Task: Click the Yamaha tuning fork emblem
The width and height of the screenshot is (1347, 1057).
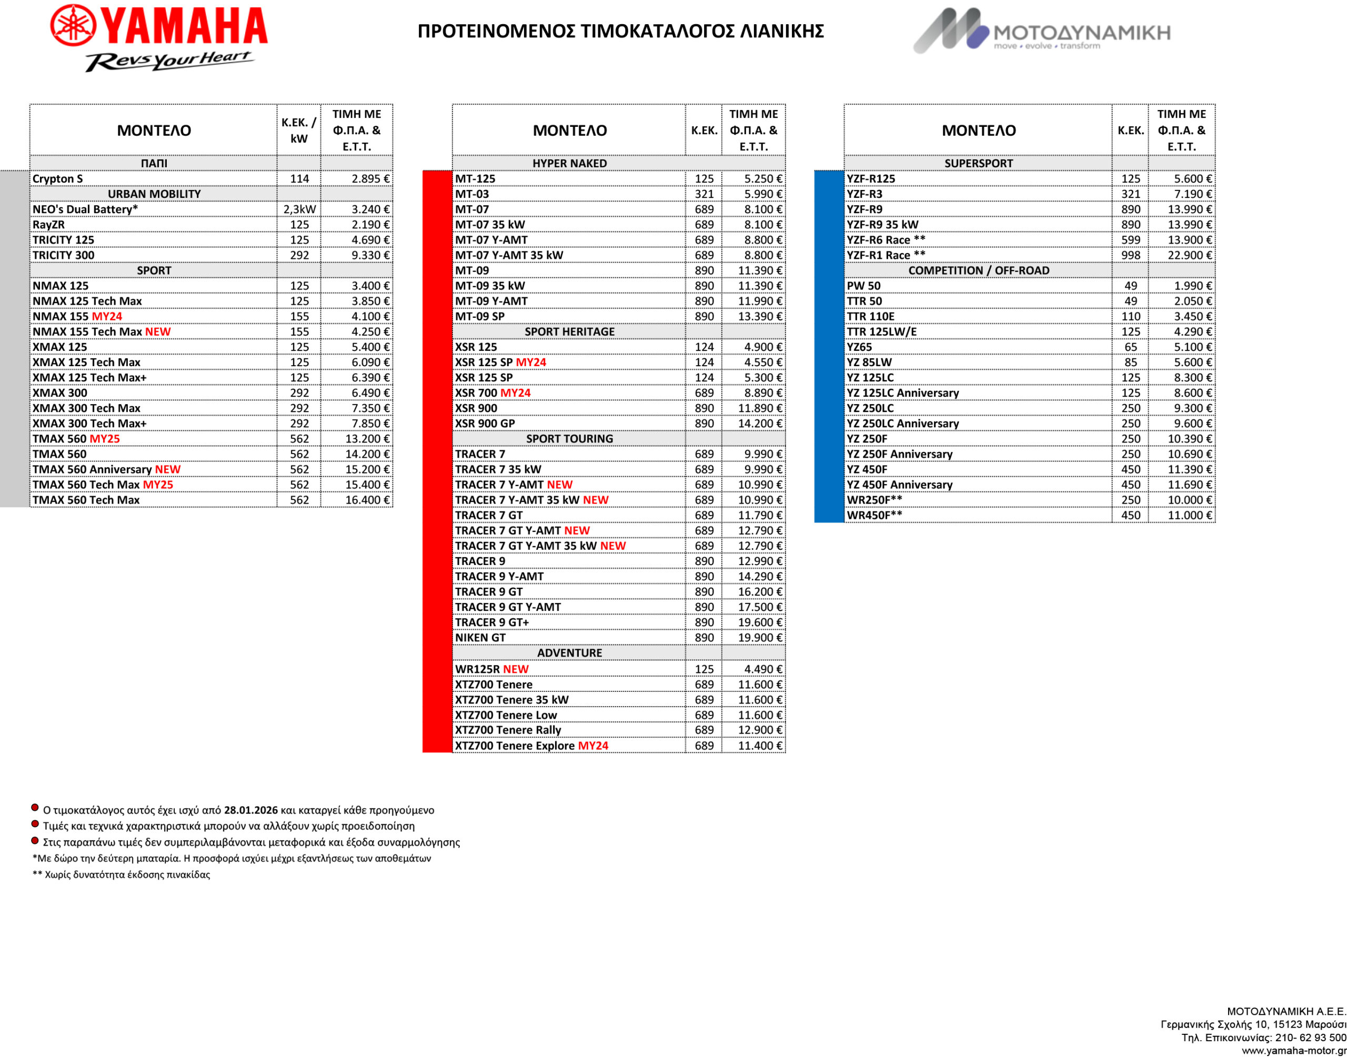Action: [x=73, y=26]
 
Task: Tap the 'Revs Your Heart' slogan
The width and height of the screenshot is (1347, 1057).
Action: [x=168, y=60]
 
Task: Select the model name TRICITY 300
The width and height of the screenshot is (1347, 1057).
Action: [x=63, y=255]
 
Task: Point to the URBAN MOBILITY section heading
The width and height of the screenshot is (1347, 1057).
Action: [x=154, y=194]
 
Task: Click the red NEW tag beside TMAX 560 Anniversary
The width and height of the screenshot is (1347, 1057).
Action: [x=168, y=469]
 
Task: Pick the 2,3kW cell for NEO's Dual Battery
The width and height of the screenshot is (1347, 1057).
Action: [x=299, y=209]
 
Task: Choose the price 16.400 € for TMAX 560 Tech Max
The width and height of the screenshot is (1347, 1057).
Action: [x=367, y=499]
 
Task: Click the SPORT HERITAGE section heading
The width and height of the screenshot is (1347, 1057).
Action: [x=569, y=331]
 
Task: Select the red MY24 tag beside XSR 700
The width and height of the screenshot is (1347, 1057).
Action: [x=516, y=393]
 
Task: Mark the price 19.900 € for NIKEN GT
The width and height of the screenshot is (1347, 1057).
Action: [x=760, y=638]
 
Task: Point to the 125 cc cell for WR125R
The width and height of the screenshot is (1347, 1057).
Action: [x=703, y=669]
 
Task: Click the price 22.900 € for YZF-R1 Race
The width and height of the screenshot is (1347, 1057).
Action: [x=1189, y=255]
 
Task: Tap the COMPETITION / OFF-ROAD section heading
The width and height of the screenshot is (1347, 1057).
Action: [x=978, y=270]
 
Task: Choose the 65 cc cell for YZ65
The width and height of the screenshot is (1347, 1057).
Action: [x=1130, y=347]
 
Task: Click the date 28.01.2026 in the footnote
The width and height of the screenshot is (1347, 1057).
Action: [x=250, y=810]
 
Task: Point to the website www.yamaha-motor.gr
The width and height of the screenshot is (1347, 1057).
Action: [x=1293, y=1050]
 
